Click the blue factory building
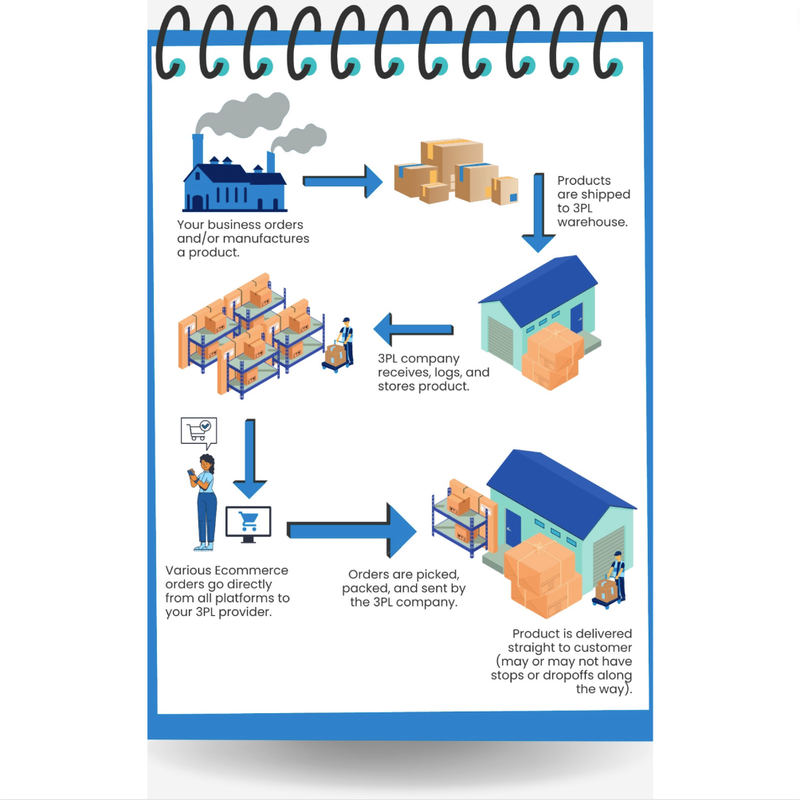(x=234, y=186)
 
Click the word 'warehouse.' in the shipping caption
(x=593, y=222)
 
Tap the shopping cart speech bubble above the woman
(x=198, y=431)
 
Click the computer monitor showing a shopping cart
(x=248, y=523)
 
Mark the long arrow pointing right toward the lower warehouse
(x=351, y=531)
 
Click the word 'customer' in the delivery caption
(x=603, y=648)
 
